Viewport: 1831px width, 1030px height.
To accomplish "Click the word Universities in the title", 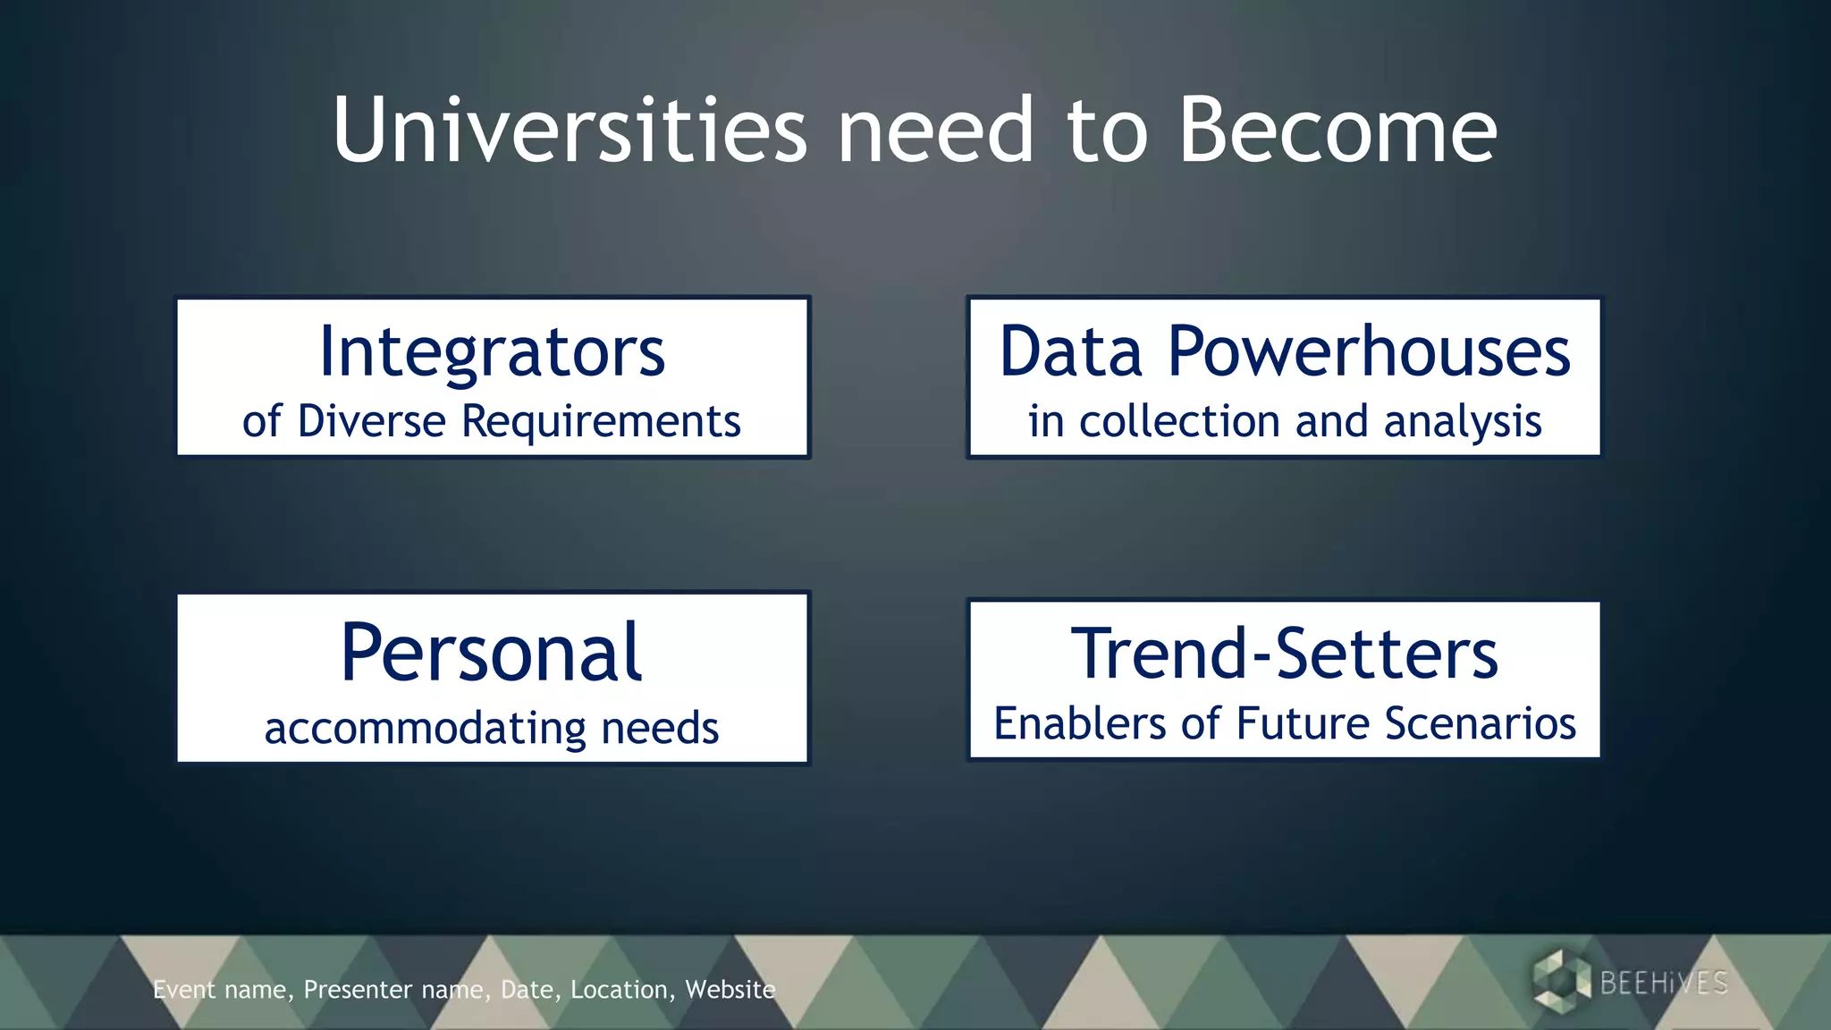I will (570, 131).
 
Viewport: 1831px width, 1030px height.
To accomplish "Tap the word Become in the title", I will (1337, 131).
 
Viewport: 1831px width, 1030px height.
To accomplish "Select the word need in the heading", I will (936, 131).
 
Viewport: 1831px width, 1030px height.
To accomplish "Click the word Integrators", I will (492, 351).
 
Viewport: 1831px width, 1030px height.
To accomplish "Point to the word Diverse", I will (371, 421).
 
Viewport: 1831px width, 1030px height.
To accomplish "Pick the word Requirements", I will (601, 421).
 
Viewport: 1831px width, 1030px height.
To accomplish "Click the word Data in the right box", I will (1071, 351).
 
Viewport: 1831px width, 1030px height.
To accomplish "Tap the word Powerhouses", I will (1369, 351).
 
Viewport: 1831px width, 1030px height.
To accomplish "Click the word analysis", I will (1463, 421).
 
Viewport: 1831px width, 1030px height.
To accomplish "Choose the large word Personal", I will (492, 653).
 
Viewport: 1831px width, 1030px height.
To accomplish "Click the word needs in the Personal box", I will (660, 728).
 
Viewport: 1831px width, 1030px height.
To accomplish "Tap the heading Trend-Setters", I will (1285, 654).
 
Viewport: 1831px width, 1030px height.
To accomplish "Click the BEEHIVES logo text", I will (1664, 983).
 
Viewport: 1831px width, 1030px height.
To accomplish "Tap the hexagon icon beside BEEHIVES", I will (1560, 982).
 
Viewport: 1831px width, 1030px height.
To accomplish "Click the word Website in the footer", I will (730, 990).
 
